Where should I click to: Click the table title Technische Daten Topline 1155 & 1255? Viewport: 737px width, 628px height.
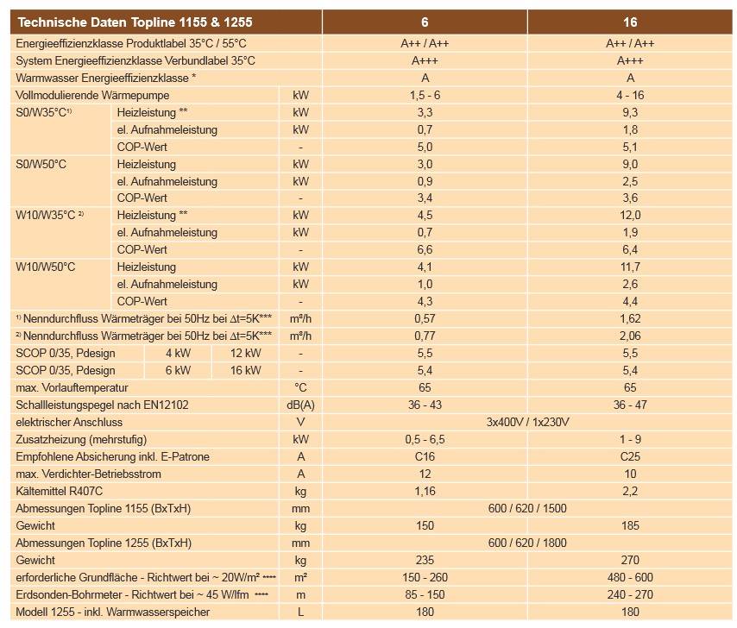coord(135,22)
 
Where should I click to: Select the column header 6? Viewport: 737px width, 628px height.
coord(425,22)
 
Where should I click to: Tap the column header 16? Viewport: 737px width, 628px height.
coord(630,22)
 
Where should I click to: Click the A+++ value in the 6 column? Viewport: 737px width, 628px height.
coord(425,60)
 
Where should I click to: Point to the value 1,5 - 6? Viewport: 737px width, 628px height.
coord(425,95)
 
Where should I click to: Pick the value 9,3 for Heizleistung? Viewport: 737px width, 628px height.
coord(630,112)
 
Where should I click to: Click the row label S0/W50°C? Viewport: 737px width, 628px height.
coord(41,164)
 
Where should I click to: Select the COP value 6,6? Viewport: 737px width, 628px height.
coord(425,249)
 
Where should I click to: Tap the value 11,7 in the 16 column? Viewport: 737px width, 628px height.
coord(630,267)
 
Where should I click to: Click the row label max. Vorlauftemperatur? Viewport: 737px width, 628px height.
coord(72,387)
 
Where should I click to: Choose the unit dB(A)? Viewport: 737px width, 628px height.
coord(300,405)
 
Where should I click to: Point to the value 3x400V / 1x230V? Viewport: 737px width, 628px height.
coord(527,422)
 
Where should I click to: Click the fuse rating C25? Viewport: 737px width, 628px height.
coord(630,456)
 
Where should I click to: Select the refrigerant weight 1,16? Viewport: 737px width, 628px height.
coord(425,491)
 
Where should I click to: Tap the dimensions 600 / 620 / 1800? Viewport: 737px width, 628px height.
coord(527,543)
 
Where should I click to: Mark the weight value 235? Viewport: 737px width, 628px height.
coord(425,560)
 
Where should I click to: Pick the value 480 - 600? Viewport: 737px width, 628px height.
coord(630,577)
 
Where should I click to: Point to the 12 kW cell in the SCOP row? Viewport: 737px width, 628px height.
coord(246,353)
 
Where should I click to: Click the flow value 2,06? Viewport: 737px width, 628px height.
coord(630,336)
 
